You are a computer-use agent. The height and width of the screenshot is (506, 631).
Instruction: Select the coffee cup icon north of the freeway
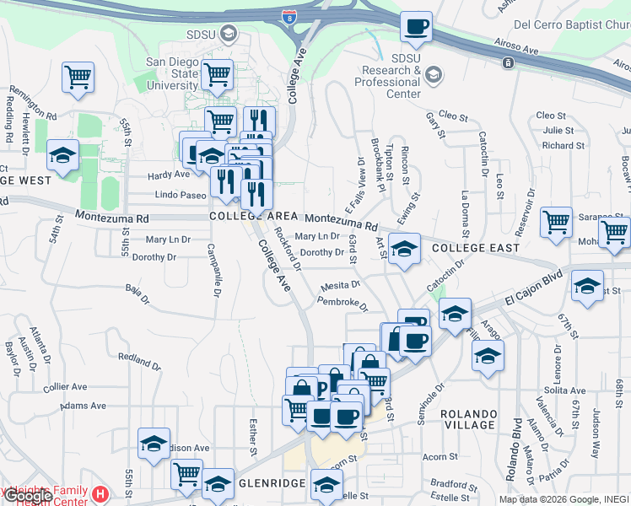(x=416, y=27)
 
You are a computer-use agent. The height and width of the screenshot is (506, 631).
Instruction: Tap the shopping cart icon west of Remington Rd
(x=78, y=78)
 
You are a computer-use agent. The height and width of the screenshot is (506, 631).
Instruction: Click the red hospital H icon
(x=100, y=493)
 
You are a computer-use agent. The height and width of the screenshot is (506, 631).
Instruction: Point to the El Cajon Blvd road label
(x=534, y=291)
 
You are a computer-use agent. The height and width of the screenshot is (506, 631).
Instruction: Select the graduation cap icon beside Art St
(x=405, y=249)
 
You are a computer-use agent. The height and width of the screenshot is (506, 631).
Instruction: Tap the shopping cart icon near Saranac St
(x=556, y=223)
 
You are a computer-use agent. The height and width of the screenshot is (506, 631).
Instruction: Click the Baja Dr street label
(x=137, y=295)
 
